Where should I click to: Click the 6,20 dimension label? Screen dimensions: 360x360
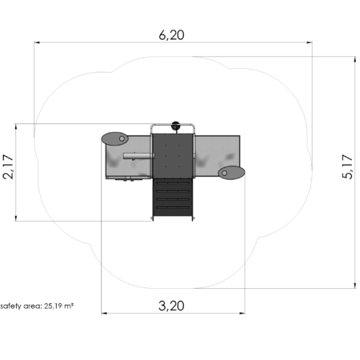coord(171,35)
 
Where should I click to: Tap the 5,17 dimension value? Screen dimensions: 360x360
coord(347,166)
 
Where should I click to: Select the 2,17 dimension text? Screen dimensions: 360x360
coord(8,166)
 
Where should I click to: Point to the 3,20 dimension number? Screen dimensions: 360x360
coord(171,306)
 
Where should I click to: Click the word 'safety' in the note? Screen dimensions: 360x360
coord(10,306)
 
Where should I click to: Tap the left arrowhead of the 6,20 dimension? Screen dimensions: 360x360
coord(37,42)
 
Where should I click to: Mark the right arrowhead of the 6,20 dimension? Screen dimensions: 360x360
coord(309,42)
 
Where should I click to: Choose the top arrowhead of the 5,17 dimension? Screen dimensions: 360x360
coord(355,59)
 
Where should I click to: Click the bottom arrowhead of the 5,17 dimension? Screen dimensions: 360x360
coord(355,286)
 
